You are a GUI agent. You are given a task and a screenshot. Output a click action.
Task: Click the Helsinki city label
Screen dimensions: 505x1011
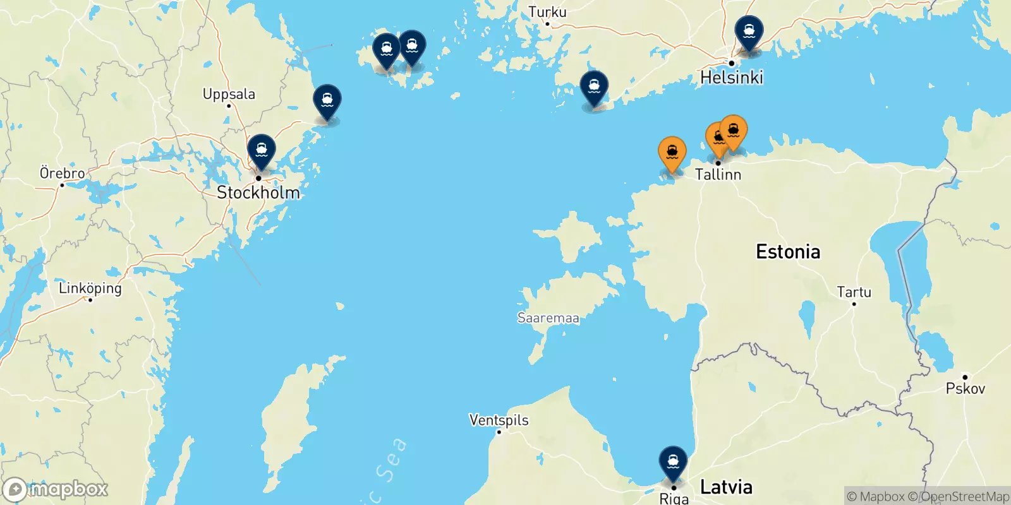point(732,78)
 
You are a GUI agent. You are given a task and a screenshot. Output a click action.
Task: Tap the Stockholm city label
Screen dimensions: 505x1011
point(258,193)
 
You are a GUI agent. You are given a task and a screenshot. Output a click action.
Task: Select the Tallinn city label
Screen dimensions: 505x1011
point(718,174)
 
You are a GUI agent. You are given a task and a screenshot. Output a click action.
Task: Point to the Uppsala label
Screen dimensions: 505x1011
point(229,94)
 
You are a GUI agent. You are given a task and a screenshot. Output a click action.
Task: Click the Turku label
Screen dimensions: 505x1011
point(547,12)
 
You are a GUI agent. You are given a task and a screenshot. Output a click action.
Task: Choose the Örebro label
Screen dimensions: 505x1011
point(62,173)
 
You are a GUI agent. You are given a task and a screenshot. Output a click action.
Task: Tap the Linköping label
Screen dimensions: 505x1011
point(90,288)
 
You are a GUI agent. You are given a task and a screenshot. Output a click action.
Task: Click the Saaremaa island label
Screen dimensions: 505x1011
point(548,318)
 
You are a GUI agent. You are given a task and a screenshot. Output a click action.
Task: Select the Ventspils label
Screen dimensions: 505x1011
point(499,420)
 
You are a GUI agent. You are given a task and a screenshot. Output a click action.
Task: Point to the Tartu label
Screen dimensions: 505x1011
point(854,292)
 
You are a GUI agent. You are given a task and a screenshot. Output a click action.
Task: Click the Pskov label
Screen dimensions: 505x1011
point(965,389)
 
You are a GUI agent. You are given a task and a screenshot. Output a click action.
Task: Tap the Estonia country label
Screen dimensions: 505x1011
point(788,252)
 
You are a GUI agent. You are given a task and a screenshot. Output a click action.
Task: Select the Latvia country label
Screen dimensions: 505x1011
point(726,487)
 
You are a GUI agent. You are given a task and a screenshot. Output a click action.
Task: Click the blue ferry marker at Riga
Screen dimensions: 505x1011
point(673,461)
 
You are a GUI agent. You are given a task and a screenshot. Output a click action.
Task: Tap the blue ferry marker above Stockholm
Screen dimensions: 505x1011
point(262,150)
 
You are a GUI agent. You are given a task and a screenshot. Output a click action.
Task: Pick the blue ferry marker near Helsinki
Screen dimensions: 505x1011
point(749,31)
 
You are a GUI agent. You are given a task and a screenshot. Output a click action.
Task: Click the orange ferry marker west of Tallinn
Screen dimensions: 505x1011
point(672,152)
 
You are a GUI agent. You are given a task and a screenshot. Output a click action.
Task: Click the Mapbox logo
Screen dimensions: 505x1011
point(56,489)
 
